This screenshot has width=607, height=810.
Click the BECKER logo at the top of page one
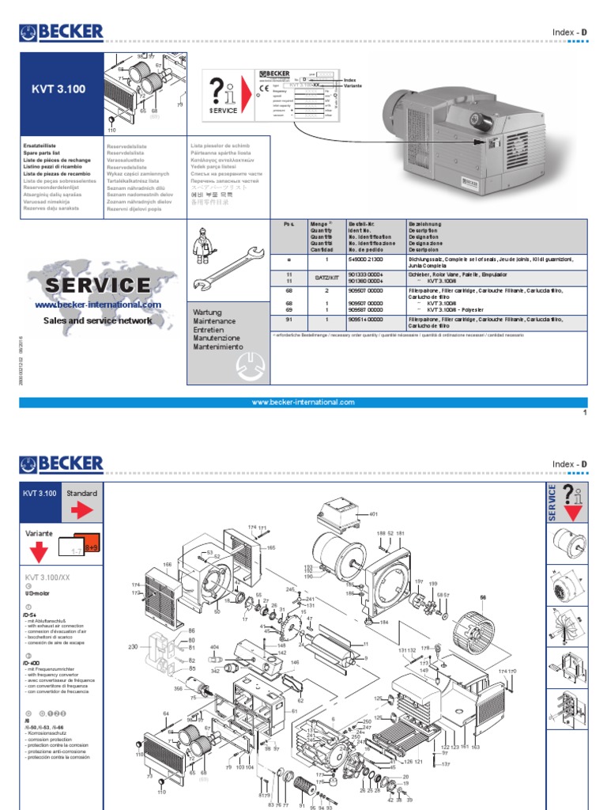pos(62,32)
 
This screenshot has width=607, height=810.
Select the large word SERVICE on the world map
pos(97,285)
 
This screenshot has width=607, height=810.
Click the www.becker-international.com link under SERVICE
pos(98,305)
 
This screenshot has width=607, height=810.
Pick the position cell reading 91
pos(288,319)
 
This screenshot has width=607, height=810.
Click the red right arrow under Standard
pos(81,511)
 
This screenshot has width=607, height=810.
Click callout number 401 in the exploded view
pos(374,514)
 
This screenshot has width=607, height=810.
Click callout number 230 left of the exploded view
pos(133,647)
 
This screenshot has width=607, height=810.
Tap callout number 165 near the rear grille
pos(270,547)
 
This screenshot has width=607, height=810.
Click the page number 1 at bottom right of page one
pos(584,413)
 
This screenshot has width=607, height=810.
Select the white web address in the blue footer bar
pos(303,402)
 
